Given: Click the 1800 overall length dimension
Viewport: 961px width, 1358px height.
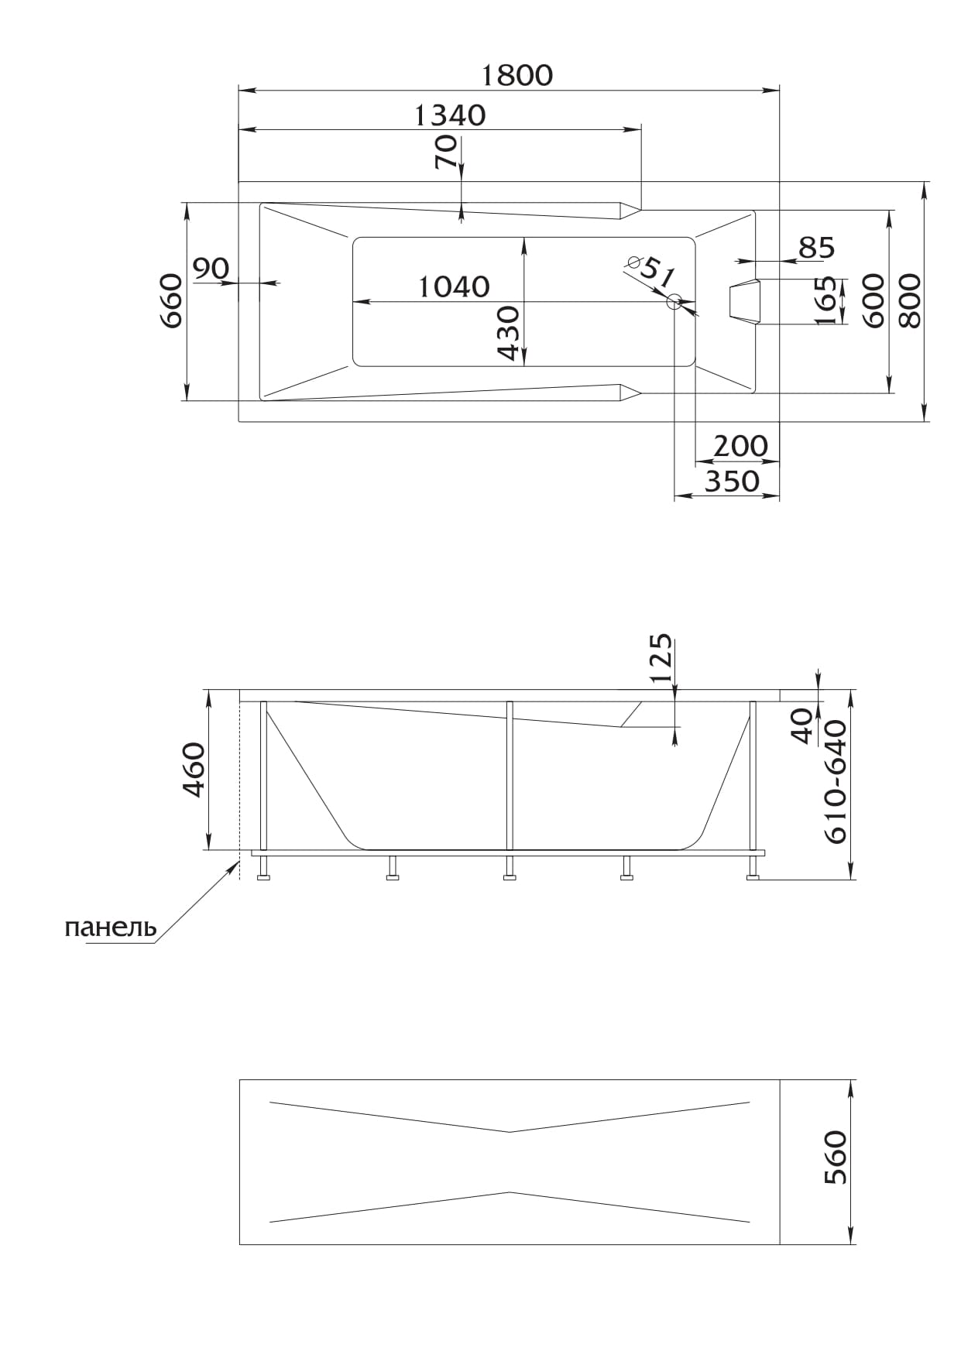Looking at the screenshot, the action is click(x=517, y=75).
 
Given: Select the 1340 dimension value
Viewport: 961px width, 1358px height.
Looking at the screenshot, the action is click(x=450, y=115).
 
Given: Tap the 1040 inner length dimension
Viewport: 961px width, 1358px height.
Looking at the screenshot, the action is click(x=454, y=287).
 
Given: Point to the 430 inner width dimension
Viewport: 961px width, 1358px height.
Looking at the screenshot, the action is click(x=508, y=333).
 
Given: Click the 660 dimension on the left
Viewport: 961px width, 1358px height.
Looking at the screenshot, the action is click(x=171, y=301).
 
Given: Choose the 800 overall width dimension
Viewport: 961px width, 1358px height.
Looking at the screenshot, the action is click(x=911, y=301).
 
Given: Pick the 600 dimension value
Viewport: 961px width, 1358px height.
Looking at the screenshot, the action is click(x=873, y=301).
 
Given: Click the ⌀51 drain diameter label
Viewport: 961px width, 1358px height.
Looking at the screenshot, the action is click(x=653, y=271).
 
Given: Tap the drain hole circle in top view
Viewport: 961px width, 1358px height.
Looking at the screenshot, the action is click(x=674, y=302).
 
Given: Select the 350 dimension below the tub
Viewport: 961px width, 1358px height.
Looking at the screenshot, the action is click(x=732, y=482).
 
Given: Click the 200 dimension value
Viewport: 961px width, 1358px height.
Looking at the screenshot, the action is click(x=740, y=447).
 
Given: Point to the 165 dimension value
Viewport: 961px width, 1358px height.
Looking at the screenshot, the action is click(x=826, y=301).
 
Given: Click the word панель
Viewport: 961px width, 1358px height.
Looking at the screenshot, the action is click(x=111, y=927).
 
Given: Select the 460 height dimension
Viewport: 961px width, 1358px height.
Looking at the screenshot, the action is click(x=193, y=770).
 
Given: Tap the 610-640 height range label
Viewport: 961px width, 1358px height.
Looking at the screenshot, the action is click(x=836, y=782).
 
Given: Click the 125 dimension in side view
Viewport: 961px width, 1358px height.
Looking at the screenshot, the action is click(x=660, y=659).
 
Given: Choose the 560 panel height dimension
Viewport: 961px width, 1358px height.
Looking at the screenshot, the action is click(x=836, y=1158).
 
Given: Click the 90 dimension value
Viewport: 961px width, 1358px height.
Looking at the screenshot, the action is click(x=211, y=269).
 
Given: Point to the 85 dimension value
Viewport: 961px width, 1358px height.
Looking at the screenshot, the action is click(x=817, y=248).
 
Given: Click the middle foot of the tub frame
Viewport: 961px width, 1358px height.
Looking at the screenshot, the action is click(x=509, y=868).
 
